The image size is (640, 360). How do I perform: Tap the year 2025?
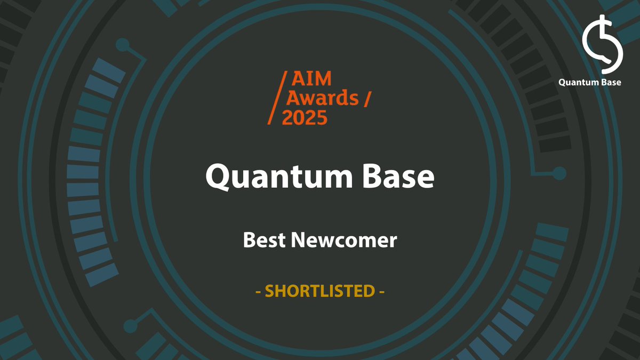coord(305,117)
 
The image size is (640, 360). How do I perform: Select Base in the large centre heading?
coord(399,177)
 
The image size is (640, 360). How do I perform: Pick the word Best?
coord(263,241)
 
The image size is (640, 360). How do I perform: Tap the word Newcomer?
coord(344,241)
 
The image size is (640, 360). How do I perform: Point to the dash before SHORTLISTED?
coord(258,292)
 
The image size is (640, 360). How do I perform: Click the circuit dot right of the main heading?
coord(559,173)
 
